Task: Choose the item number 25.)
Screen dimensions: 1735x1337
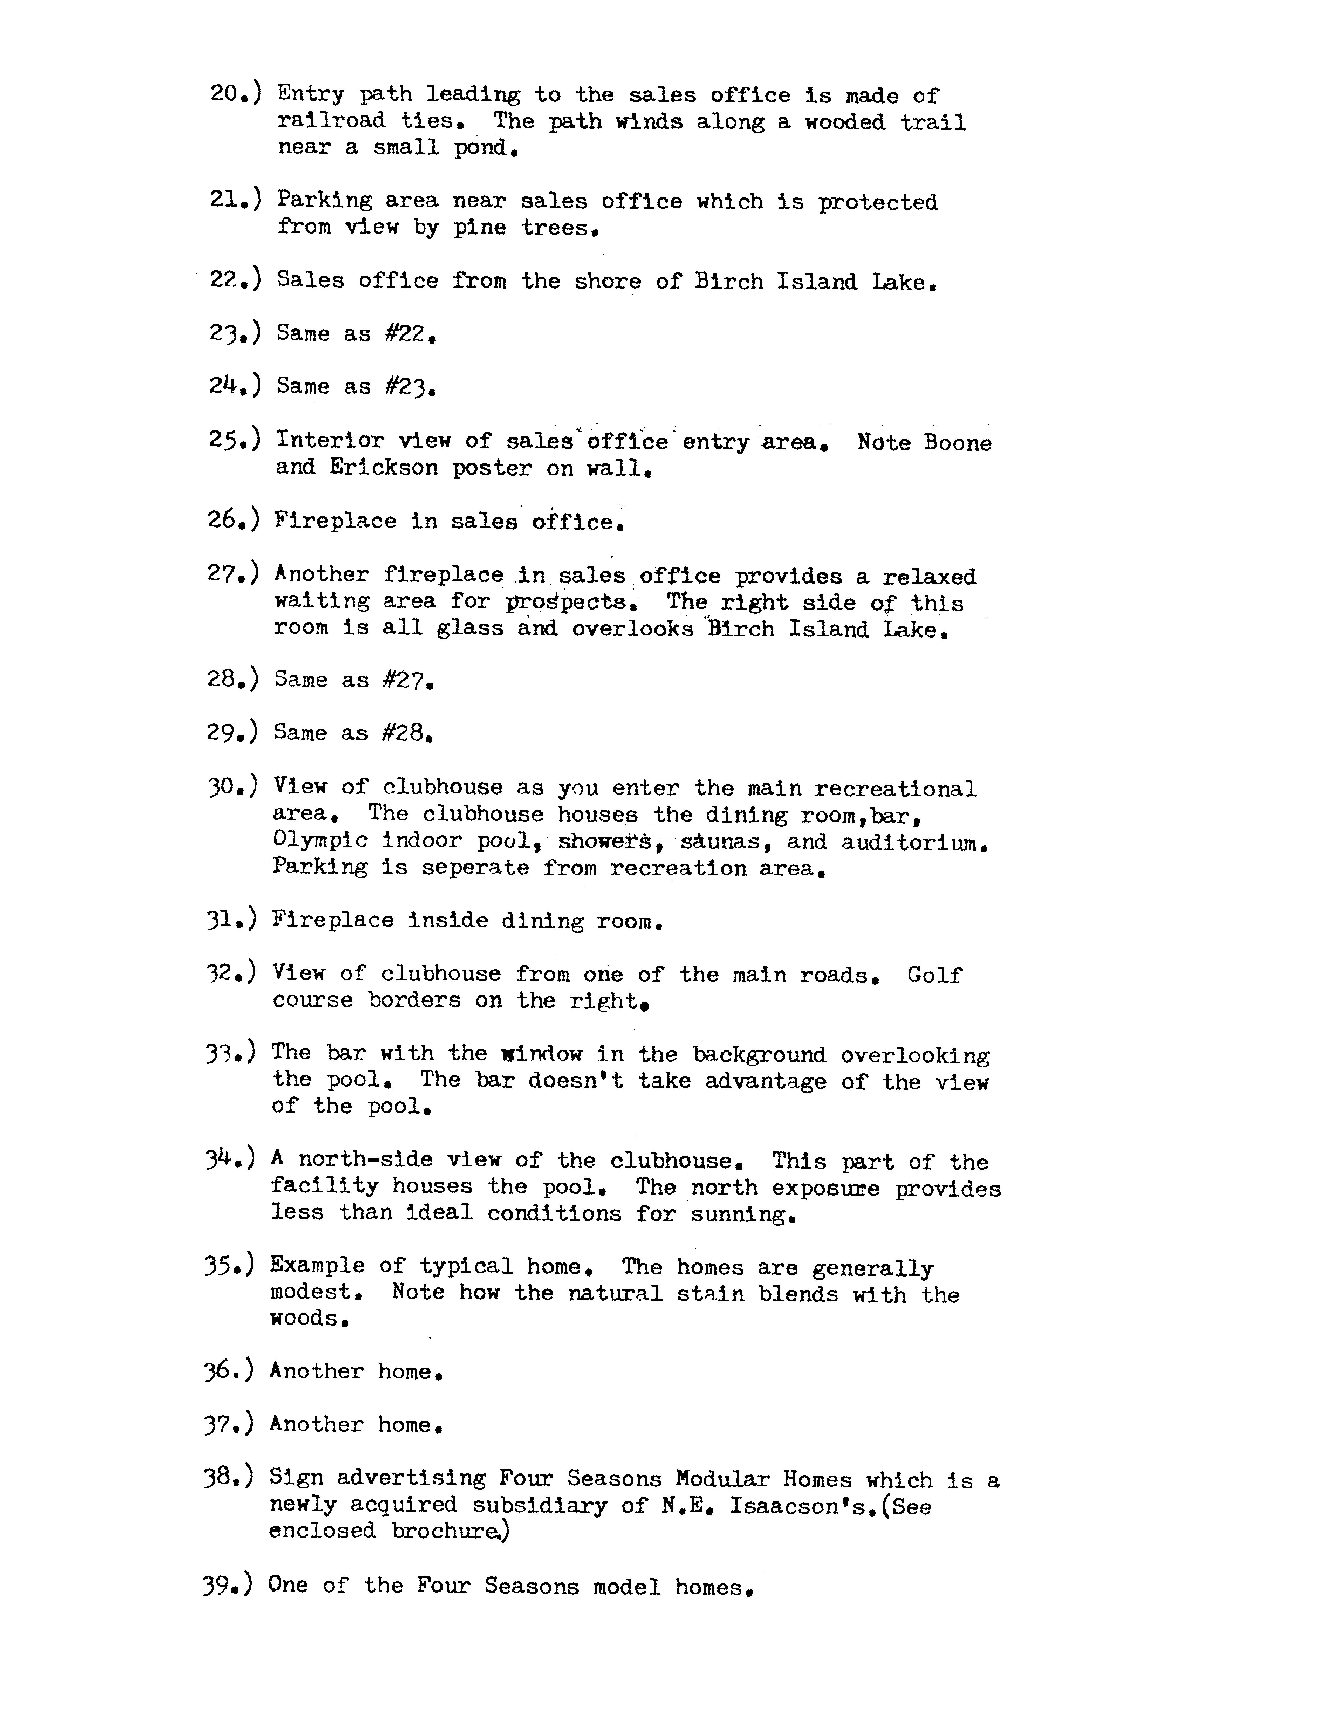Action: [234, 439]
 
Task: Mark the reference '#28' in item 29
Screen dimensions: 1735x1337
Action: [406, 733]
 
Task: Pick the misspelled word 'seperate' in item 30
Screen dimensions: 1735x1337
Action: [475, 867]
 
